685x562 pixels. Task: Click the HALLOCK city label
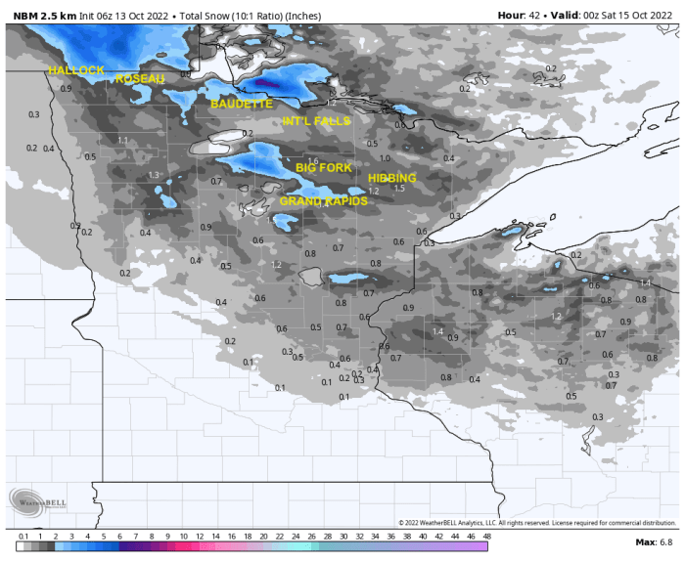click(76, 70)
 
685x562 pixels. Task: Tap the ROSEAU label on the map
click(140, 78)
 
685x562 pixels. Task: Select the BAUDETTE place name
click(240, 103)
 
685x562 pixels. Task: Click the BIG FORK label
click(324, 168)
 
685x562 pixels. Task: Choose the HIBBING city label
click(392, 178)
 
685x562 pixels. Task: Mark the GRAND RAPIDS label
click(324, 200)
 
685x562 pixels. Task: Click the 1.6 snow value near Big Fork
click(313, 161)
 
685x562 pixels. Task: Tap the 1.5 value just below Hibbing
click(399, 189)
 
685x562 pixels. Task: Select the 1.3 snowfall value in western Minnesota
click(154, 175)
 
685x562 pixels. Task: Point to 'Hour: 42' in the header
click(519, 16)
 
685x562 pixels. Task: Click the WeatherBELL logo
click(39, 500)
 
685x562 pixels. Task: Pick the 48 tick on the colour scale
click(486, 536)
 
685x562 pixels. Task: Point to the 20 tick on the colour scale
click(263, 536)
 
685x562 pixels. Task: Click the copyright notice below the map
click(537, 523)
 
